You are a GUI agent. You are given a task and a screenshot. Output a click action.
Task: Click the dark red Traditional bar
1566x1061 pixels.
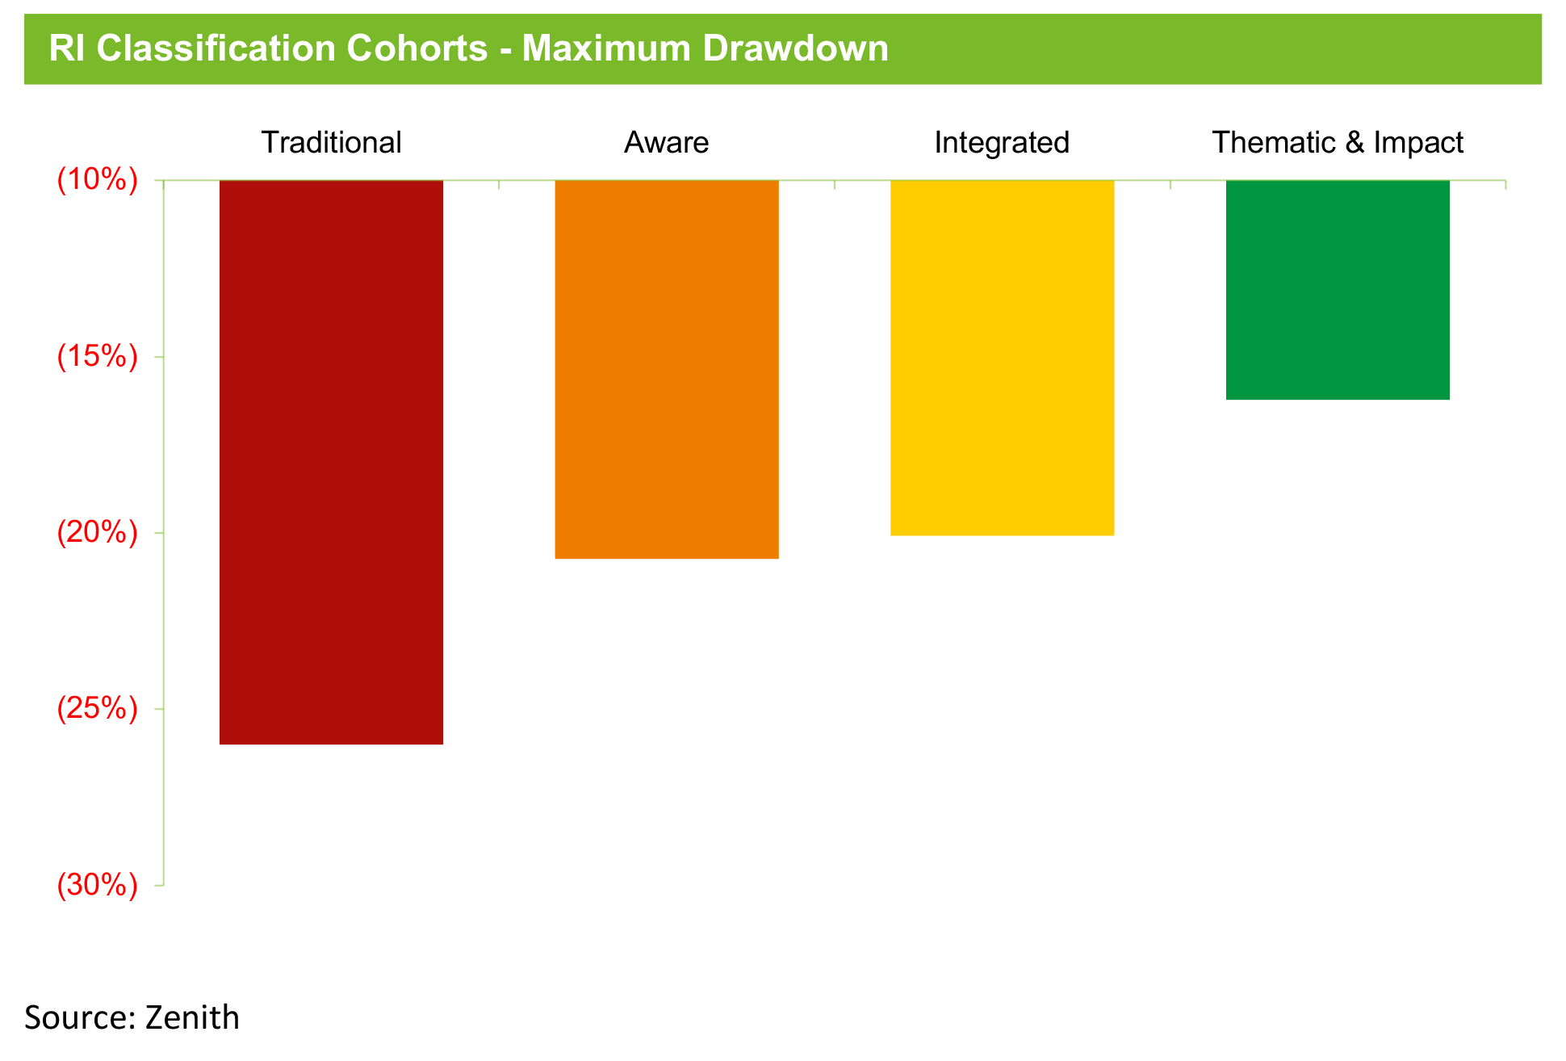(x=331, y=462)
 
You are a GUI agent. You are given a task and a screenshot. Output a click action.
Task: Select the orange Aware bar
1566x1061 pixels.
(x=667, y=369)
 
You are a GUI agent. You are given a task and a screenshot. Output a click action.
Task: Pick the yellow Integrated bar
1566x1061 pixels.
(x=1002, y=358)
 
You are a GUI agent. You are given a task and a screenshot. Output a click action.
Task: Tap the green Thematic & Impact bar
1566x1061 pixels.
(x=1338, y=290)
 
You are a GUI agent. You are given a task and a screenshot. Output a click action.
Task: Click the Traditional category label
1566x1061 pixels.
(x=331, y=143)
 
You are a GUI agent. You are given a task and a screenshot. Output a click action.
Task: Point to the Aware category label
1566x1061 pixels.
(x=667, y=143)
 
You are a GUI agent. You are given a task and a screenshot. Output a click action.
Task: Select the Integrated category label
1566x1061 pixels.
(x=1002, y=143)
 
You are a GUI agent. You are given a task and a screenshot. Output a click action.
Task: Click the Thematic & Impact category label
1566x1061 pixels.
(x=1338, y=143)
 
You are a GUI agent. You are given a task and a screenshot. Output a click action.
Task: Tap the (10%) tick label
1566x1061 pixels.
(x=97, y=180)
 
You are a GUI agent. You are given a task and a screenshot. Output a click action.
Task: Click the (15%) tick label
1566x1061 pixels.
(x=97, y=356)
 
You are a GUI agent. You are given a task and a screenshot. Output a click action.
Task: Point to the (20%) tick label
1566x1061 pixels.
(x=97, y=533)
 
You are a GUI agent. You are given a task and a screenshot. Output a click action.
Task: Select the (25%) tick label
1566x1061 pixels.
(x=97, y=709)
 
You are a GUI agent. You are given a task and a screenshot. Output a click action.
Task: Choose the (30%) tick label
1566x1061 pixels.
(x=97, y=886)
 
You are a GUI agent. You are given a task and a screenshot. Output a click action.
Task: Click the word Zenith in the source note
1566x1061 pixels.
(x=192, y=1017)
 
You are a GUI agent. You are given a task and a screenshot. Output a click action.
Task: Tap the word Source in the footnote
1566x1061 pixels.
(x=80, y=1018)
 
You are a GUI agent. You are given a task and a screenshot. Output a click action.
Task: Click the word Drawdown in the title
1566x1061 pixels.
(x=795, y=48)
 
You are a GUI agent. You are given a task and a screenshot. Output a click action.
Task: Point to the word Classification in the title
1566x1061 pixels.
(x=216, y=48)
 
